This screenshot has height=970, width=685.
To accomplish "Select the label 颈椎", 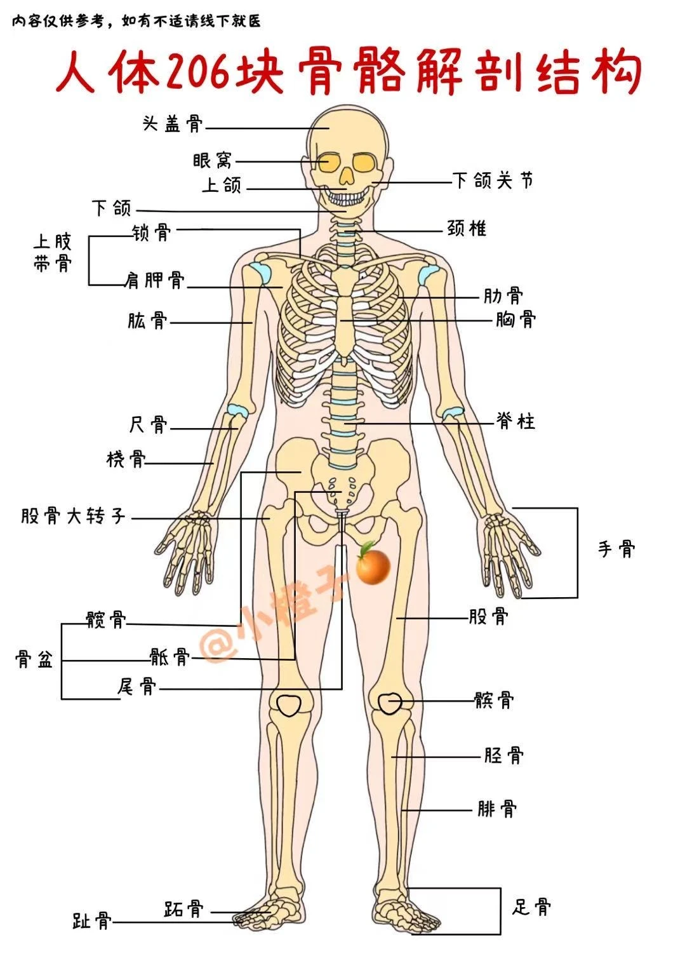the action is pyautogui.click(x=467, y=228).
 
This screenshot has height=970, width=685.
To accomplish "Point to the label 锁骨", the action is pyautogui.click(x=152, y=232).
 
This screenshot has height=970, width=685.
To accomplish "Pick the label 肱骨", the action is pyautogui.click(x=147, y=321).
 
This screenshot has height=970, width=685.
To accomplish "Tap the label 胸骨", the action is pyautogui.click(x=515, y=319).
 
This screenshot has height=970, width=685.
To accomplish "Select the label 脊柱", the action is pyautogui.click(x=516, y=421).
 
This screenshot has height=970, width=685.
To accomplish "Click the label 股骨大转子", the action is pyautogui.click(x=74, y=516).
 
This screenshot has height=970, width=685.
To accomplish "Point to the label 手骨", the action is pyautogui.click(x=616, y=548).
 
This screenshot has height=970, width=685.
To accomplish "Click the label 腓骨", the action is pyautogui.click(x=497, y=809).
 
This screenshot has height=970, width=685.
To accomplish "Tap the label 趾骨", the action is pyautogui.click(x=92, y=921).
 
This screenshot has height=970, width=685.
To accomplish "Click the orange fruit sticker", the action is pyautogui.click(x=372, y=565).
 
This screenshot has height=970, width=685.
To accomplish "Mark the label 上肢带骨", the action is pyautogui.click(x=53, y=253).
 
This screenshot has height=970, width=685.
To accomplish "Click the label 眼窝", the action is pyautogui.click(x=213, y=161).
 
